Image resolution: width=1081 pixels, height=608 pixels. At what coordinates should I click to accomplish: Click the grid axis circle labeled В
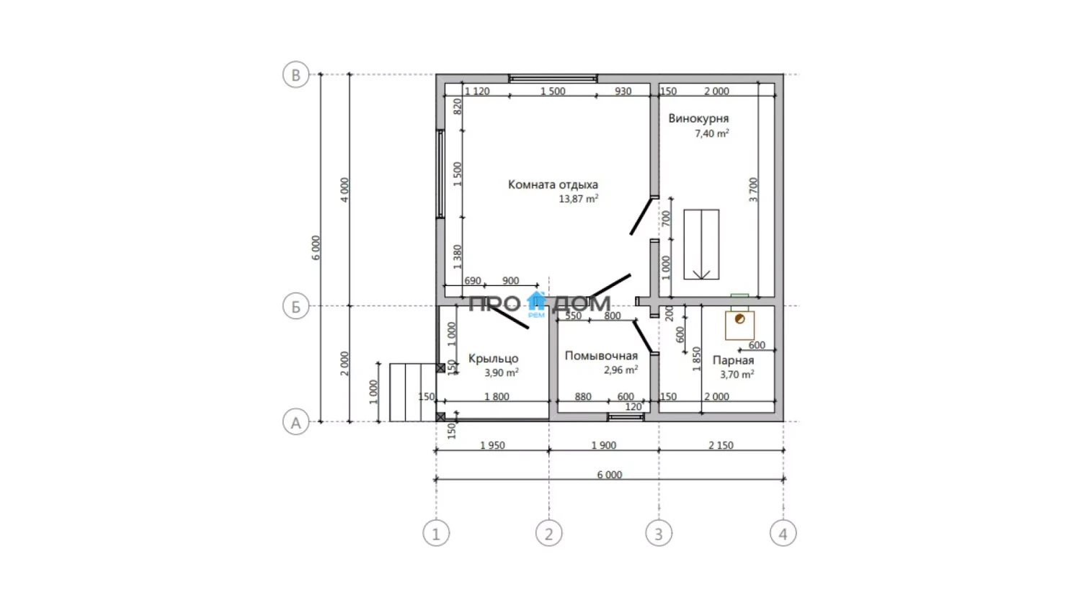(295, 75)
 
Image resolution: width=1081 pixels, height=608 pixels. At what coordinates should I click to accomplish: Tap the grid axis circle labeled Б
(295, 306)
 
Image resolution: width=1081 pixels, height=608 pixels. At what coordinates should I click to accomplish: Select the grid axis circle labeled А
(295, 422)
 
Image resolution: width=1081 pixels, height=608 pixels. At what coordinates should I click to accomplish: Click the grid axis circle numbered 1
(436, 533)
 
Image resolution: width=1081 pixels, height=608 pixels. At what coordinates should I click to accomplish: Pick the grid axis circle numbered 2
(548, 533)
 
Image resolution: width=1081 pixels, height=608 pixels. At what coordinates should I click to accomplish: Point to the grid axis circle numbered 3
(659, 533)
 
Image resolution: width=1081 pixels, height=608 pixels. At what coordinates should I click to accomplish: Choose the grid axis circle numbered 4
(783, 533)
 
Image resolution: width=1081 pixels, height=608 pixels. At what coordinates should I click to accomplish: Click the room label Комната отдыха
(553, 184)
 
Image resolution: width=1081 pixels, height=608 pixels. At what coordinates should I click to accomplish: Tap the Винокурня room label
(698, 119)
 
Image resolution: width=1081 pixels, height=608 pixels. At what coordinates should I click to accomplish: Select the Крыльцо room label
(493, 359)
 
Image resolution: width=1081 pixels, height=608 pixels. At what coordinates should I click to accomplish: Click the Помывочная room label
(601, 356)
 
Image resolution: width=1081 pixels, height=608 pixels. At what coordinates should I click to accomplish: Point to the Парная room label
(733, 360)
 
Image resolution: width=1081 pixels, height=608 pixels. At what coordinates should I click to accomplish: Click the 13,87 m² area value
(579, 198)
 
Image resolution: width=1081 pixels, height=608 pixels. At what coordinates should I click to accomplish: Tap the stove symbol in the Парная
(740, 325)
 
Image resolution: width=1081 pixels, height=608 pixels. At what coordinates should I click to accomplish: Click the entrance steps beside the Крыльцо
(413, 393)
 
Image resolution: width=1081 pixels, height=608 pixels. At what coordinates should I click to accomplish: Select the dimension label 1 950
(492, 445)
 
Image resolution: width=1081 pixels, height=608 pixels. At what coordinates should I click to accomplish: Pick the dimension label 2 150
(721, 445)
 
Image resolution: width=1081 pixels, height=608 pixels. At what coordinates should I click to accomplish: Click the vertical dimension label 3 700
(753, 189)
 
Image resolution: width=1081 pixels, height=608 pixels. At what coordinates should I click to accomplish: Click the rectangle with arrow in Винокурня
(701, 244)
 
